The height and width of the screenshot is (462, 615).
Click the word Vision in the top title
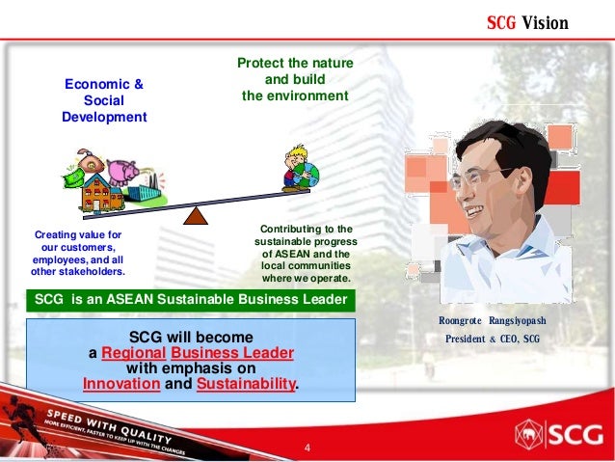click(546, 22)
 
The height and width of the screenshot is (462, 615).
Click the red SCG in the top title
click(501, 22)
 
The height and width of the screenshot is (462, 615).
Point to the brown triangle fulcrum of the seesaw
click(197, 214)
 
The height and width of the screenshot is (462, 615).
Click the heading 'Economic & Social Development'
click(104, 100)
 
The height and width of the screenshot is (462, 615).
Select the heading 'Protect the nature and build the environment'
click(295, 80)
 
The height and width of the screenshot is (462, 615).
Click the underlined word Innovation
click(120, 384)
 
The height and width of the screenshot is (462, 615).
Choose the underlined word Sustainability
click(246, 384)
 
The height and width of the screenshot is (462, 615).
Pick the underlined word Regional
click(132, 353)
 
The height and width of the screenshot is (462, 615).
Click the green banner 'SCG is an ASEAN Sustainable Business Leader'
click(191, 299)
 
